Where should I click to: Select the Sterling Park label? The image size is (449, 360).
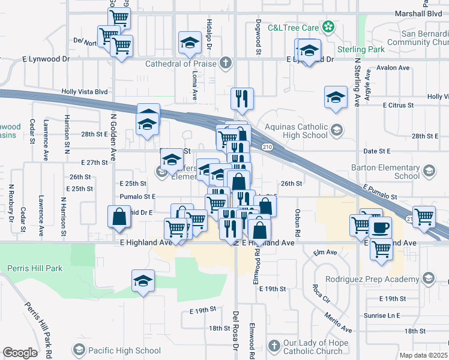(360, 49)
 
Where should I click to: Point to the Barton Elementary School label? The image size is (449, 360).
(390, 172)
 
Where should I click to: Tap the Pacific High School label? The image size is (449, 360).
(124, 350)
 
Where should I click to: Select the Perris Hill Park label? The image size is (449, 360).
(34, 268)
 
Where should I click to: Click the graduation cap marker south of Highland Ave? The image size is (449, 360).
(143, 280)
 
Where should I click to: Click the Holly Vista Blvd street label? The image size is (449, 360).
(84, 92)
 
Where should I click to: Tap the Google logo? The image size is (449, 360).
(20, 352)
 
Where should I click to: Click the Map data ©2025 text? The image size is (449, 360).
(424, 355)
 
